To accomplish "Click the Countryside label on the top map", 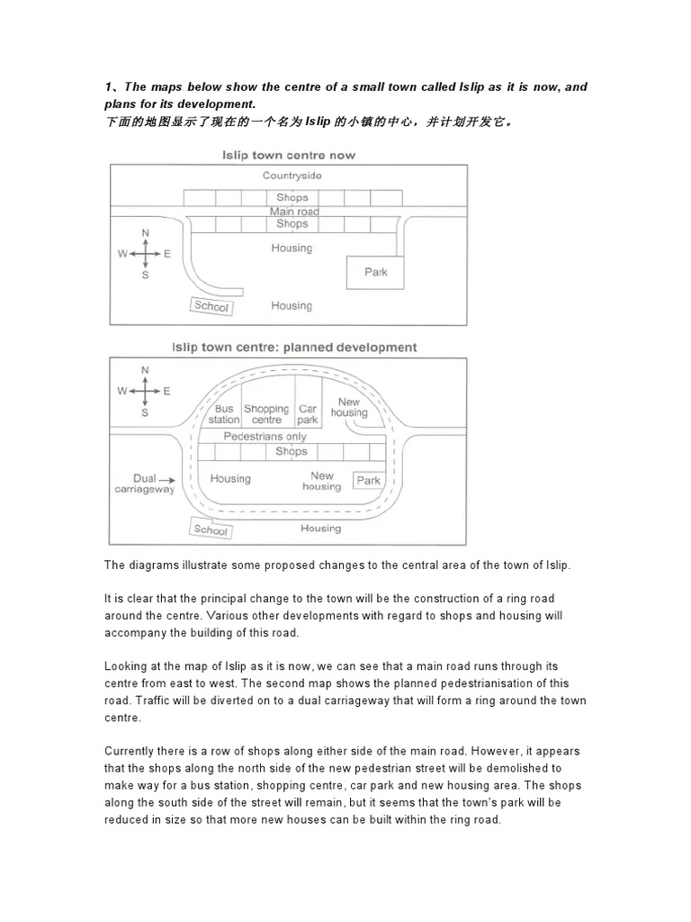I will [292, 176].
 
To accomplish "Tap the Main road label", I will [294, 212].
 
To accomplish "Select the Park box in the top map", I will [376, 272].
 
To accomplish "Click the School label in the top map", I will [211, 306].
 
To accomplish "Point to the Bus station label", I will [224, 414].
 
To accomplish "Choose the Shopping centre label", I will [266, 414].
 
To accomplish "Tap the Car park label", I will [308, 414].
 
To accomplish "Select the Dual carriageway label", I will [144, 484].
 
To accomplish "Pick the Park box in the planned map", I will [369, 481].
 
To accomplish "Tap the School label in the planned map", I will [211, 530].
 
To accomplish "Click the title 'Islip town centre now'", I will [289, 155].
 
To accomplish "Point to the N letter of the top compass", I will [146, 233].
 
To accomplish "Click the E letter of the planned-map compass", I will [167, 392].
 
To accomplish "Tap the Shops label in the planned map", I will [292, 452].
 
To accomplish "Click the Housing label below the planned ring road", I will [320, 529].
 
